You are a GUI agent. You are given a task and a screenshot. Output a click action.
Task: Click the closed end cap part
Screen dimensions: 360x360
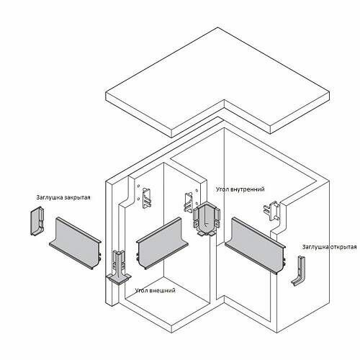pyautogui.click(x=37, y=221)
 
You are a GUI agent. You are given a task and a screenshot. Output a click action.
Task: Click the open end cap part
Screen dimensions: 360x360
pyautogui.click(x=299, y=271)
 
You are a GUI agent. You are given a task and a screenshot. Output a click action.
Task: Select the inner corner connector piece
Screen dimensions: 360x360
pyautogui.click(x=206, y=220)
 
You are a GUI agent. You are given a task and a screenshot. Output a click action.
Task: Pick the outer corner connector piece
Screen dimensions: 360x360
pyautogui.click(x=119, y=268)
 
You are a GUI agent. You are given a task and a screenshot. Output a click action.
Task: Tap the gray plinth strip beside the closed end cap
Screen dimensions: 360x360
pyautogui.click(x=75, y=243)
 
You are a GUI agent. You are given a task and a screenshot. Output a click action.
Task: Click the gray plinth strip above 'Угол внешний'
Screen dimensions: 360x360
pyautogui.click(x=162, y=243)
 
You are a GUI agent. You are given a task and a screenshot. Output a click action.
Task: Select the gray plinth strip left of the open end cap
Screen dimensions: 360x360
pyautogui.click(x=256, y=246)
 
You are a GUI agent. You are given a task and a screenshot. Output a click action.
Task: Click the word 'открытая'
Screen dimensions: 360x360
pyautogui.click(x=343, y=247)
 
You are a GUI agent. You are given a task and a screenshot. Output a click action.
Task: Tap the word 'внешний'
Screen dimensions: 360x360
pyautogui.click(x=162, y=290)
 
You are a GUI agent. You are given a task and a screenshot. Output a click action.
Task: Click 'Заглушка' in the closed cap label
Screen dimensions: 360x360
pyautogui.click(x=49, y=197)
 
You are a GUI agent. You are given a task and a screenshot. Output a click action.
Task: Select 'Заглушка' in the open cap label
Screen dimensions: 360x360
pyautogui.click(x=315, y=247)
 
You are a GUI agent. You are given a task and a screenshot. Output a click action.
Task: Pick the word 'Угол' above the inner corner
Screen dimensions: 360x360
pyautogui.click(x=222, y=189)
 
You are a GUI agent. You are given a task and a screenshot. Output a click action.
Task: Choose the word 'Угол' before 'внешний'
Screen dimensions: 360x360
pyautogui.click(x=141, y=290)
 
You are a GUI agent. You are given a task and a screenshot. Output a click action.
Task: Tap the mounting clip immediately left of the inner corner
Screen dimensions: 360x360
pyautogui.click(x=189, y=202)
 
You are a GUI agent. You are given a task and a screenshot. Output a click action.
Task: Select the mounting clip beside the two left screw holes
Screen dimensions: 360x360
pyautogui.click(x=147, y=198)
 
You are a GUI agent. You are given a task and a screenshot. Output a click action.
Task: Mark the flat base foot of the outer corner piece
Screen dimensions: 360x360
pyautogui.click(x=119, y=279)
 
